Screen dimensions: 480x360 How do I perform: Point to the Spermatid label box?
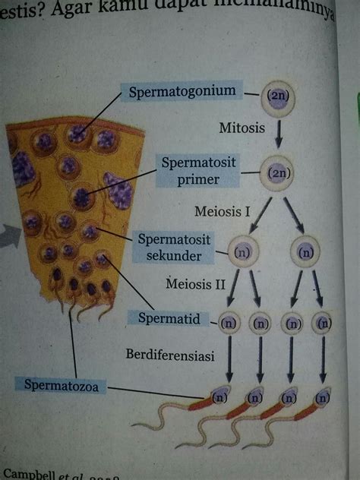coord(169,318)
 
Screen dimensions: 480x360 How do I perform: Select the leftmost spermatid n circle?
coord(229,322)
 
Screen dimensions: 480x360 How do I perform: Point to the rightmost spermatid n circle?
coord(323,322)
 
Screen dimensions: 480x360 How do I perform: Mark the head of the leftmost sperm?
coord(219,396)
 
